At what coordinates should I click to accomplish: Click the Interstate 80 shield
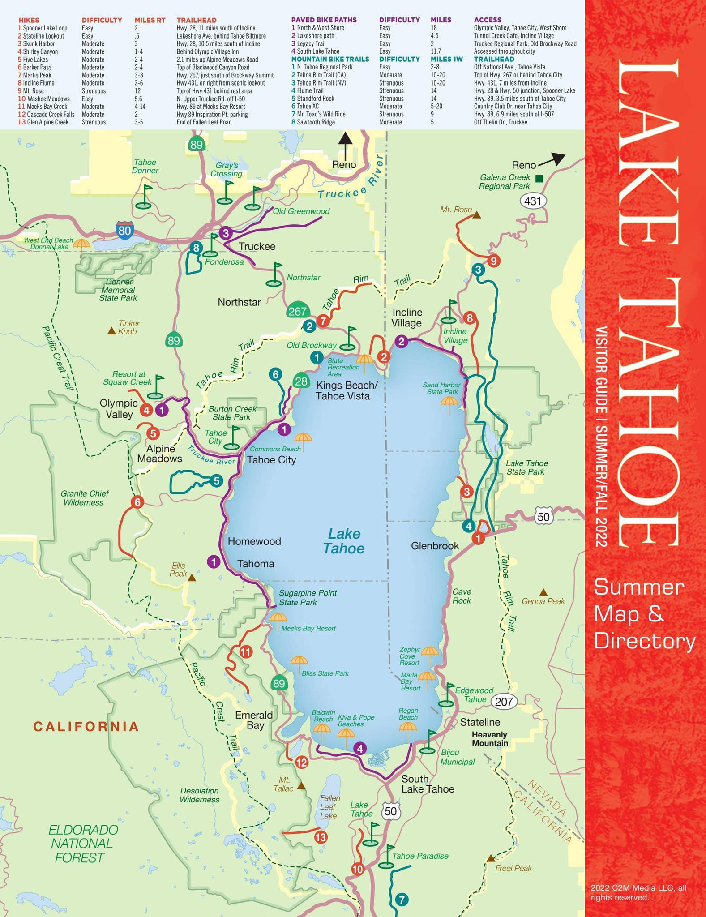point(124,230)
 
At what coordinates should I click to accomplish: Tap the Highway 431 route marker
point(533,201)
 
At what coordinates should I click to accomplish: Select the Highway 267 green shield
point(297,311)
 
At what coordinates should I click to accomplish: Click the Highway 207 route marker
point(504,701)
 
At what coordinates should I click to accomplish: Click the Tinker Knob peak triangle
point(111,331)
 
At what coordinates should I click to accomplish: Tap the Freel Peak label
point(513,868)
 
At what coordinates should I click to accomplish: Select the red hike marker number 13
point(321,836)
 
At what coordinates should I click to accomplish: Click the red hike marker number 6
point(137,502)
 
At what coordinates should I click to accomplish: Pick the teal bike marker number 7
point(402,899)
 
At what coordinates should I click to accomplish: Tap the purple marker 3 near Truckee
point(226,233)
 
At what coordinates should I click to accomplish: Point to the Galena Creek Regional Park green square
point(539,179)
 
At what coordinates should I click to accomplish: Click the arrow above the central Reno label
point(345,144)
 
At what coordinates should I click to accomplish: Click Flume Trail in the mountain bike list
point(310,90)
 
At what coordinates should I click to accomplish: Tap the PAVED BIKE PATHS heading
point(324,20)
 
